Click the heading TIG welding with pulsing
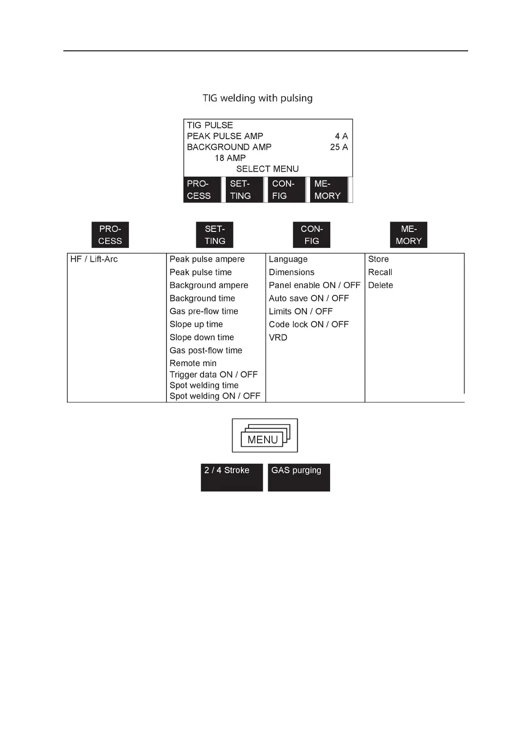click(x=257, y=98)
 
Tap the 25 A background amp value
click(x=339, y=147)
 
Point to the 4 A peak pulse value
click(x=341, y=136)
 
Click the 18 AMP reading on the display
click(x=230, y=158)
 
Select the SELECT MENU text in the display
click(x=267, y=169)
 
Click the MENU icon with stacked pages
click(x=265, y=436)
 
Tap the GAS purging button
click(x=299, y=477)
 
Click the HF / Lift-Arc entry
click(x=94, y=259)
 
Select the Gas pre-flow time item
click(x=203, y=311)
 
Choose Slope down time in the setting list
click(x=201, y=338)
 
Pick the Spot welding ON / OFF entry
click(x=215, y=396)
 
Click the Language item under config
click(x=288, y=259)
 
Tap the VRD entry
click(x=278, y=338)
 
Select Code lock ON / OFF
click(x=308, y=324)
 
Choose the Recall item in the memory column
click(x=380, y=272)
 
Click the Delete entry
click(x=380, y=285)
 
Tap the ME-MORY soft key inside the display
click(x=328, y=190)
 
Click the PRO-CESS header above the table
click(x=110, y=235)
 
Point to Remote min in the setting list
click(x=193, y=363)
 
